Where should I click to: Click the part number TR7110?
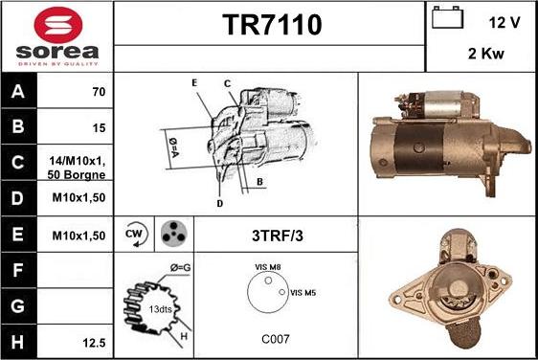(273, 25)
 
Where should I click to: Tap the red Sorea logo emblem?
(58, 25)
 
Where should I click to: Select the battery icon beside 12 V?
(447, 17)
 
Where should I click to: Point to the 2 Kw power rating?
(486, 54)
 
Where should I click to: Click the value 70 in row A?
(99, 92)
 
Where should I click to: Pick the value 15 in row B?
(99, 128)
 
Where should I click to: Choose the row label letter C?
(18, 162)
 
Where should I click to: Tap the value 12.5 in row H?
(94, 343)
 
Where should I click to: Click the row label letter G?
(18, 305)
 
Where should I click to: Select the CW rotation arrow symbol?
(136, 234)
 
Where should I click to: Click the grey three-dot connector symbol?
(174, 234)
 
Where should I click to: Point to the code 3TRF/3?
(278, 236)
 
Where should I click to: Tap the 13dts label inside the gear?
(160, 309)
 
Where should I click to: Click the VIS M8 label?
(268, 267)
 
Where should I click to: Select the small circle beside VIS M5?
(282, 292)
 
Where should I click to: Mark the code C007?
(276, 339)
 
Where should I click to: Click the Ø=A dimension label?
(173, 147)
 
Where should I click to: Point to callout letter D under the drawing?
(220, 204)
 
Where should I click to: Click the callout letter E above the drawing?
(194, 82)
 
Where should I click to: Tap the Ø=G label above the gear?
(181, 267)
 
